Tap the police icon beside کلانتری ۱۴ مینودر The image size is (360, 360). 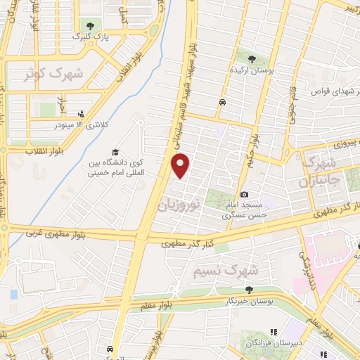(82, 112)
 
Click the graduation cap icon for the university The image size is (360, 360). (114, 152)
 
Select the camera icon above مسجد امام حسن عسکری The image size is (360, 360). (244, 194)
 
